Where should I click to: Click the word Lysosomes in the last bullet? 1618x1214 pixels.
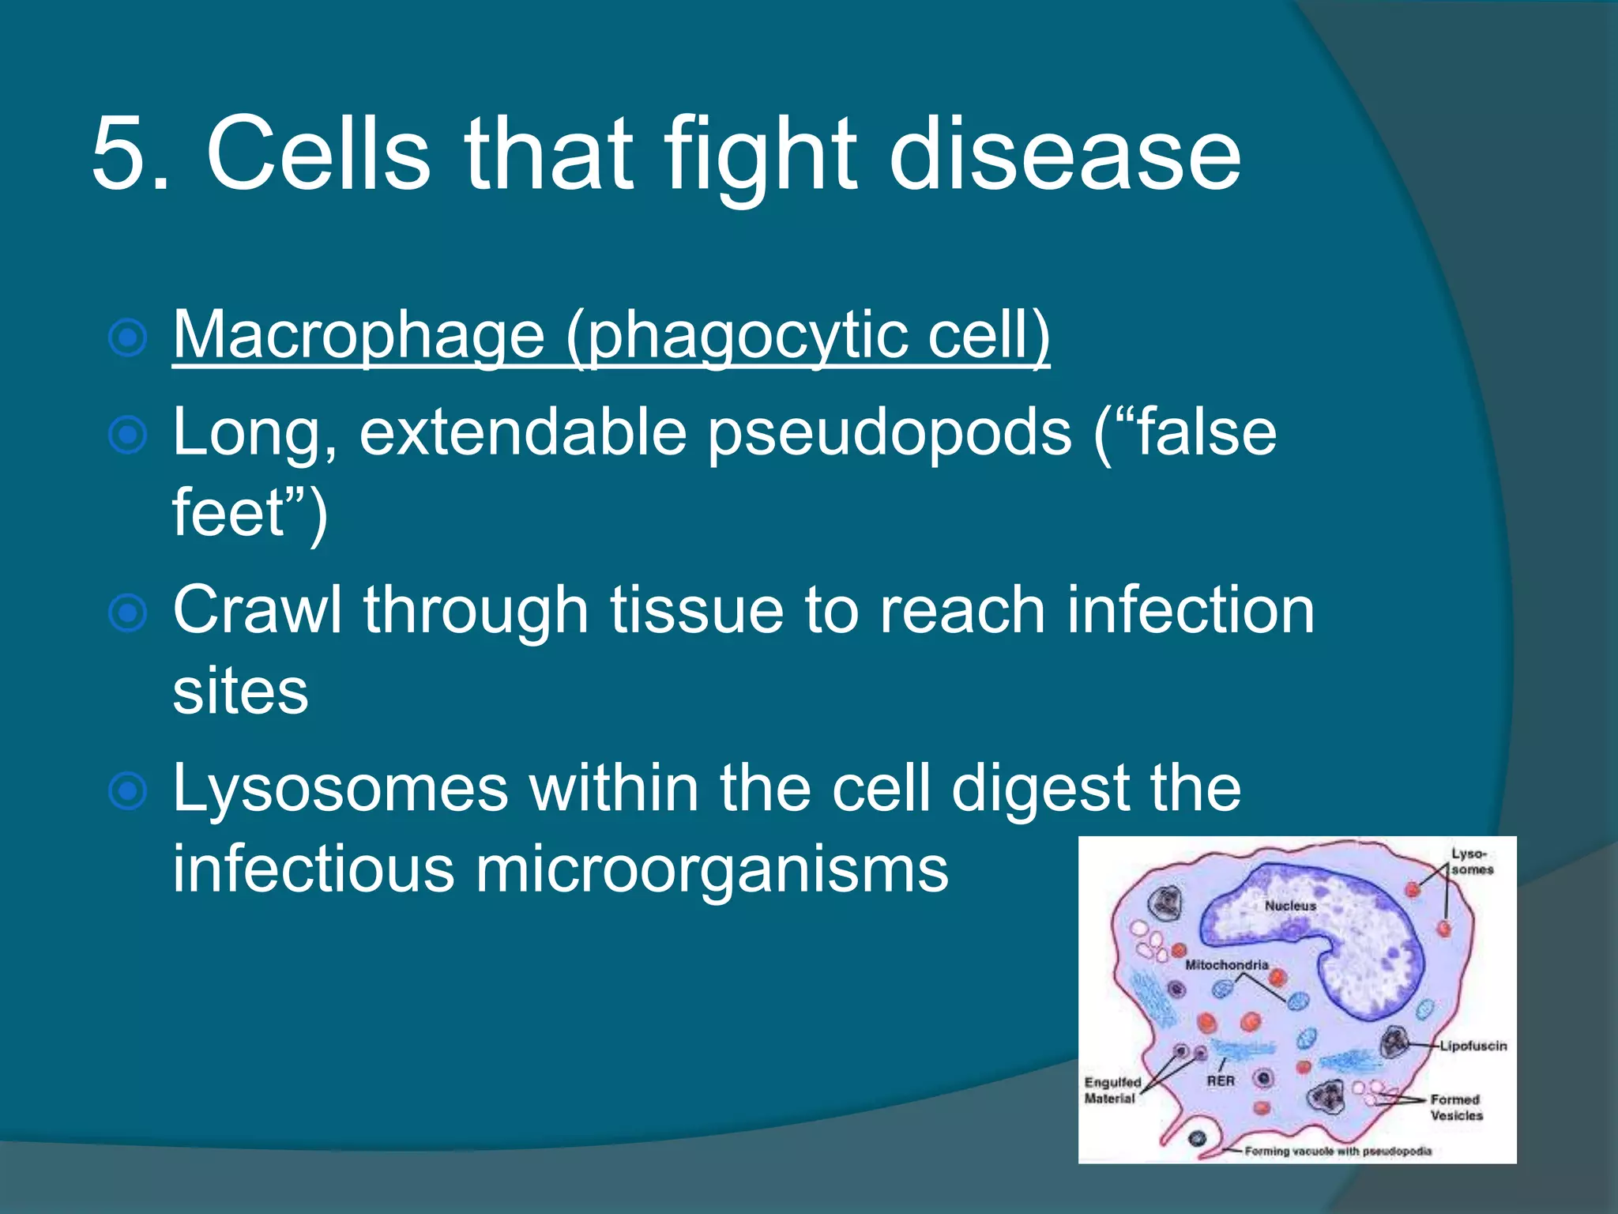coord(340,790)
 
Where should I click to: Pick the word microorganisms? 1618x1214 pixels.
coord(711,870)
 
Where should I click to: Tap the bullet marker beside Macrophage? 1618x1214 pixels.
coord(127,338)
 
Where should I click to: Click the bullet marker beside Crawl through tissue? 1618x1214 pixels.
coord(127,613)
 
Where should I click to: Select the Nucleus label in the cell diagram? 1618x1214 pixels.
coord(1290,906)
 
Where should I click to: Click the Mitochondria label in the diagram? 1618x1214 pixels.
coord(1226,965)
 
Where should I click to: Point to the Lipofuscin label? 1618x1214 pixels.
coord(1473,1046)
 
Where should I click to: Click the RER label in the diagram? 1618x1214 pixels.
coord(1220,1080)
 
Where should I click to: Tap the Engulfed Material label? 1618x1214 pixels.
coord(1112,1090)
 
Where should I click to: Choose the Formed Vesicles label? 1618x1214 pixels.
coord(1456,1107)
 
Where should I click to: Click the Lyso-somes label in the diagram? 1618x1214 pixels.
coord(1471,861)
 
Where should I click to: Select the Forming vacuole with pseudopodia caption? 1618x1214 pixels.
coord(1338,1151)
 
